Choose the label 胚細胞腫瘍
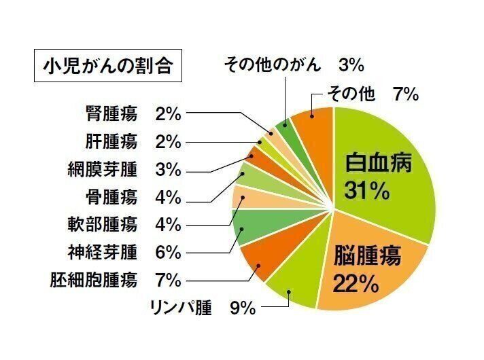click(x=94, y=280)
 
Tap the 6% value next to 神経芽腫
click(x=168, y=252)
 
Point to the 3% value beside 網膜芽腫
click(x=168, y=169)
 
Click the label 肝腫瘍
click(x=112, y=141)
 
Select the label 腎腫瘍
click(x=112, y=113)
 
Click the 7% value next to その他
click(x=405, y=94)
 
